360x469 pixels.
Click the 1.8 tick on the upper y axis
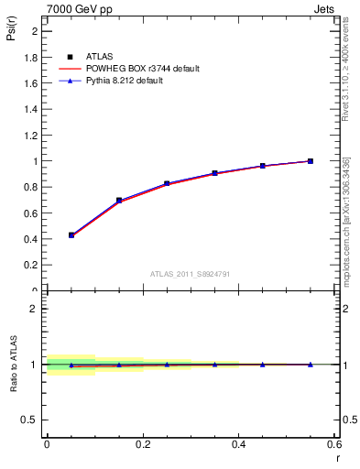[31, 57]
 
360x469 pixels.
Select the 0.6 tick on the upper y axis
[31, 213]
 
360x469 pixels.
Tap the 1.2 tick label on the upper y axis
[31, 136]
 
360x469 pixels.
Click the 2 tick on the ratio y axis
[35, 309]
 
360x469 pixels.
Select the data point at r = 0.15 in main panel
[119, 200]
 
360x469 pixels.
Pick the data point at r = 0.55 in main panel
[311, 161]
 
